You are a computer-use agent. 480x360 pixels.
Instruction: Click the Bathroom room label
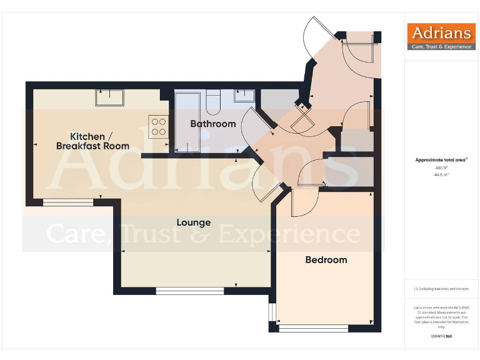pos(213,124)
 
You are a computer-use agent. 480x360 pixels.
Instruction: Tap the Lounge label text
pos(193,222)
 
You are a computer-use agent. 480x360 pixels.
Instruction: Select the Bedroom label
pos(326,259)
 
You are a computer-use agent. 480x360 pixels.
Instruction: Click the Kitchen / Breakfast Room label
pos(92,141)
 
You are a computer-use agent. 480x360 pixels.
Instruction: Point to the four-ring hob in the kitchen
pos(158,127)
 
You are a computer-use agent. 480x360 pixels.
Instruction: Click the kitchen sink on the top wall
pos(111,97)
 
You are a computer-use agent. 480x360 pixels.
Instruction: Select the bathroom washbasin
pos(244,96)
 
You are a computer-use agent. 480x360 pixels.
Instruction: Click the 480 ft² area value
pos(441,168)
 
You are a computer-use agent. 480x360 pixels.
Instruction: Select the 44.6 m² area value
pos(441,175)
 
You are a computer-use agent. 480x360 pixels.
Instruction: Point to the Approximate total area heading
pos(441,160)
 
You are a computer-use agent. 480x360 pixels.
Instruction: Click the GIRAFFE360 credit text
pos(441,336)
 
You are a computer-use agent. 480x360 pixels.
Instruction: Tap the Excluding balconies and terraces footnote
pos(441,289)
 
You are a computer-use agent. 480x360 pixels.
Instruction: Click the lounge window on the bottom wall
pos(190,290)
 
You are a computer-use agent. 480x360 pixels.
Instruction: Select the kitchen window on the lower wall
pos(68,201)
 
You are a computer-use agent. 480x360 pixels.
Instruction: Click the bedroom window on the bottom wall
pos(313,327)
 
